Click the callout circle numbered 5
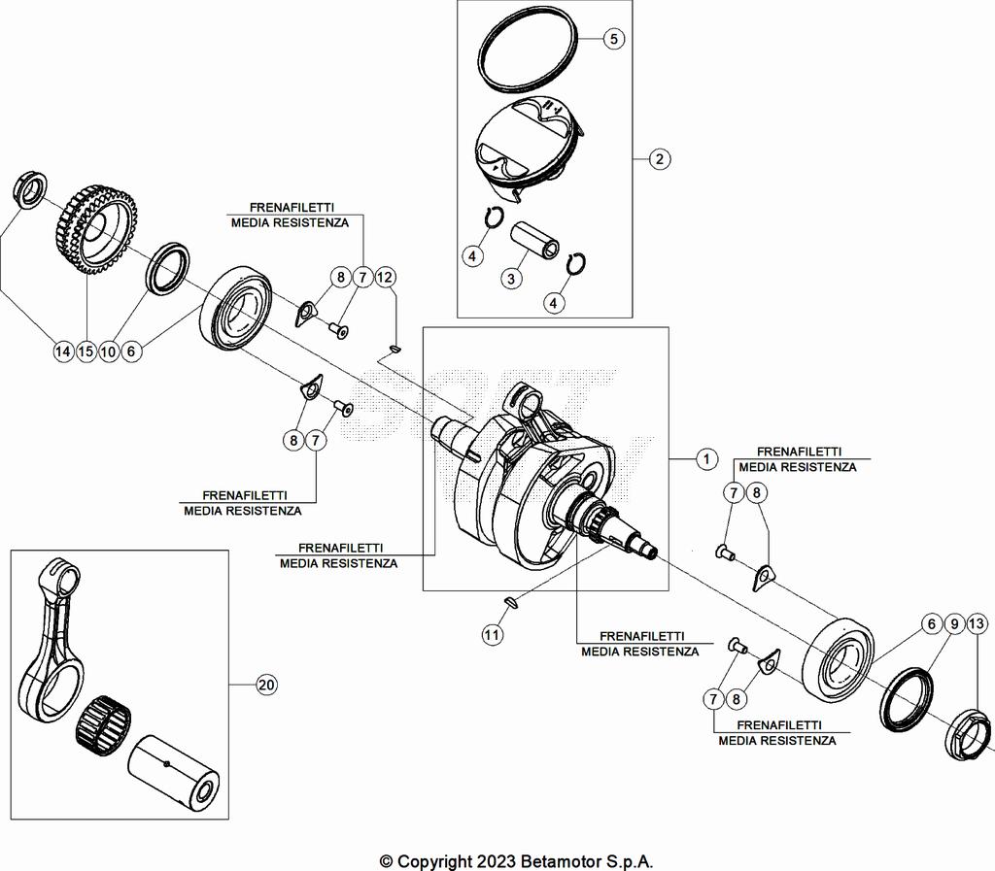614,39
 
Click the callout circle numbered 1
706,458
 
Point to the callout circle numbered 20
266,686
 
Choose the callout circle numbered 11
494,635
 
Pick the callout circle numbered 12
386,278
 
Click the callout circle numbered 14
63,351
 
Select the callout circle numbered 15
86,351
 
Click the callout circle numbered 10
109,351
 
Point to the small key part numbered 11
512,603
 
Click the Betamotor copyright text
516,860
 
